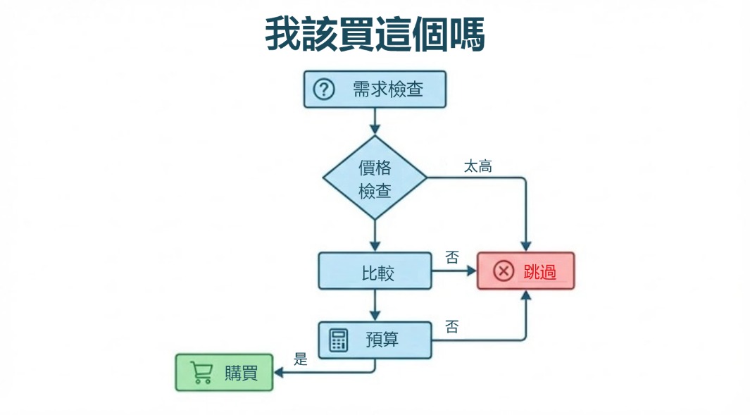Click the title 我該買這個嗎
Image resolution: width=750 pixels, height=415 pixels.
click(375, 34)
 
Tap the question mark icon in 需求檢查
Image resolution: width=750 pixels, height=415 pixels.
click(323, 89)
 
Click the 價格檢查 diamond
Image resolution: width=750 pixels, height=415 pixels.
click(375, 178)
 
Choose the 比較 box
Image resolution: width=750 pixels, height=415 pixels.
click(375, 271)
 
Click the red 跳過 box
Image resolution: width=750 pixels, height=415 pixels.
click(525, 271)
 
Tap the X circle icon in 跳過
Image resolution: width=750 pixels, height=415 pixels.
click(504, 271)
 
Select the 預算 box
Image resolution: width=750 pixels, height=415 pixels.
click(375, 340)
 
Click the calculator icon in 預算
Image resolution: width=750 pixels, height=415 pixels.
click(339, 340)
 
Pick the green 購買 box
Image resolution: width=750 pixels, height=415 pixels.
click(224, 373)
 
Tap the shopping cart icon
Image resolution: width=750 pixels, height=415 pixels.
click(201, 373)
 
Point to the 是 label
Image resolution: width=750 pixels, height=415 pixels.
click(301, 359)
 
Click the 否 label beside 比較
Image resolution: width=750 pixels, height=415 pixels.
click(452, 258)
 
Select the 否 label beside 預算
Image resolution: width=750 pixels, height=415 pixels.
click(452, 327)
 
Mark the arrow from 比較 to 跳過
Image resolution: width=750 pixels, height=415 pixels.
click(454, 271)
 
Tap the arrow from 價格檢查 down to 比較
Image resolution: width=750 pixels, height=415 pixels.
click(375, 236)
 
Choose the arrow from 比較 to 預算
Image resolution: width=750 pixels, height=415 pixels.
click(375, 305)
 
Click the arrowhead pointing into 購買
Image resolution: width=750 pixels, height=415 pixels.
click(277, 373)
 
